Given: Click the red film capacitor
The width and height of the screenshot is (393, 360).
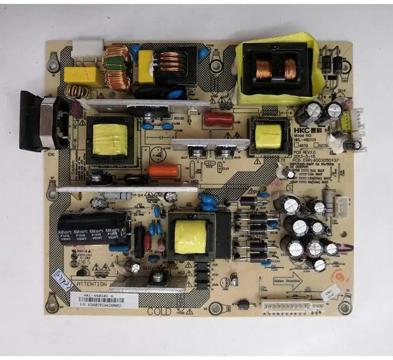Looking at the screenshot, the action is [219, 119].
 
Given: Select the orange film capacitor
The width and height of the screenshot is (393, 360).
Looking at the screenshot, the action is [165, 171].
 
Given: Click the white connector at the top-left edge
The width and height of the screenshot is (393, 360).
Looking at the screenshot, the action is [87, 49].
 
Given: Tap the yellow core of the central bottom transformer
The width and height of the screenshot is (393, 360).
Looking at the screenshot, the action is [190, 237].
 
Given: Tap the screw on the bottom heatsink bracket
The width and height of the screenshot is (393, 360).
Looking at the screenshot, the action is [158, 278].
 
